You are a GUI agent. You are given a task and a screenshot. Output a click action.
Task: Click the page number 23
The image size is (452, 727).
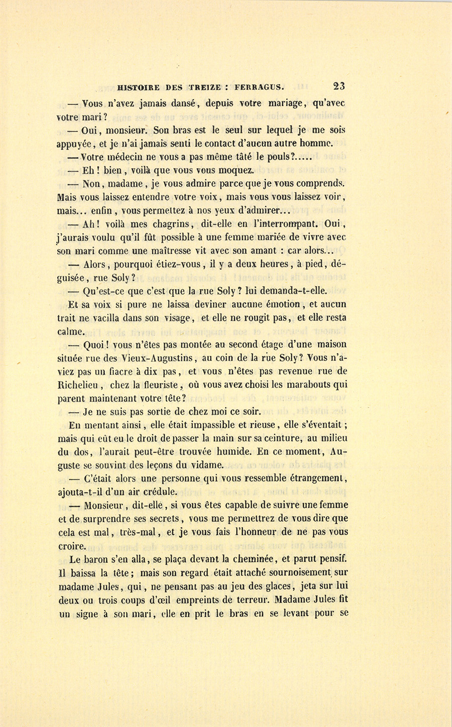339,86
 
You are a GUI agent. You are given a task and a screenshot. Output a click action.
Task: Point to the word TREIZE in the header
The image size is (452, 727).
205,87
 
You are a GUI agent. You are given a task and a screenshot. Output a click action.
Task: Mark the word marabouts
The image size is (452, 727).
310,385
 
